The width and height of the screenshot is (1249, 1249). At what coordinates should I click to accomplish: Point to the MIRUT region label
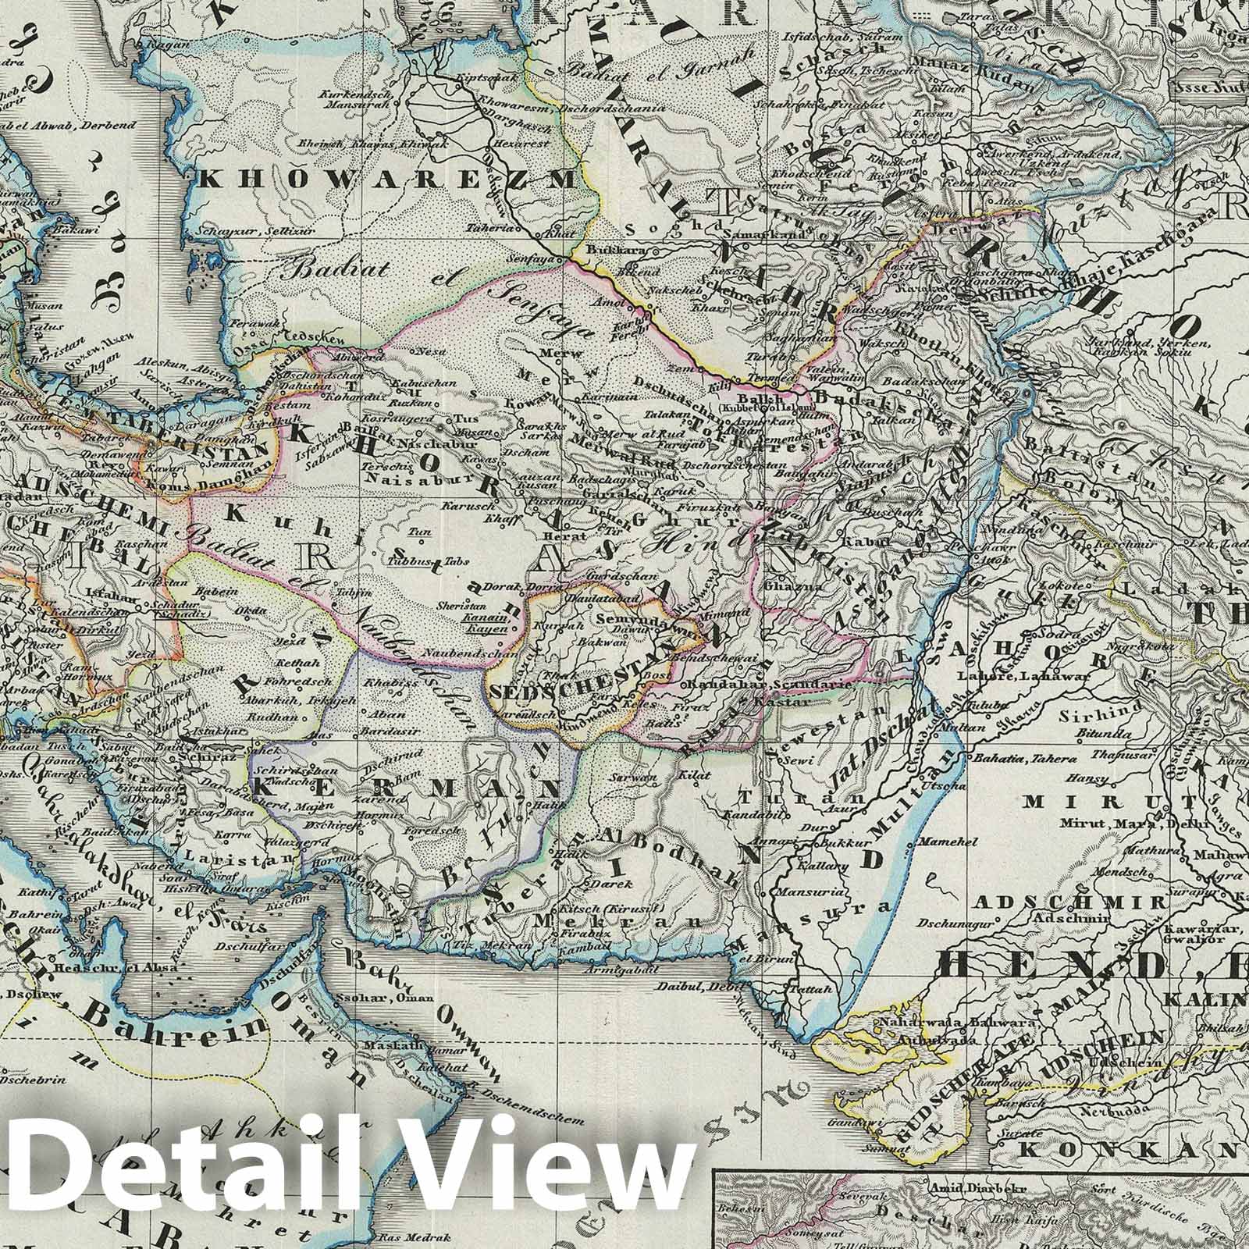click(1065, 802)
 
